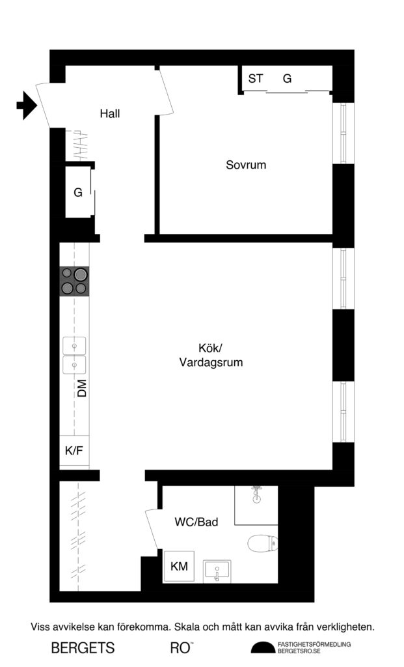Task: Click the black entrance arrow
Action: click(25, 106)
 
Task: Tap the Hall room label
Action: click(109, 113)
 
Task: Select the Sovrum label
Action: click(246, 165)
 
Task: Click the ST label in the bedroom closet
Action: click(256, 79)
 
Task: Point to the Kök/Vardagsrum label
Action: click(211, 355)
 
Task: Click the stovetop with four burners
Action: click(74, 281)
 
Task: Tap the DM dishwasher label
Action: click(81, 389)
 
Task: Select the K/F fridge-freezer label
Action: click(74, 450)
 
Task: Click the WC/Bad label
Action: click(196, 522)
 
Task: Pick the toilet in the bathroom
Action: click(263, 542)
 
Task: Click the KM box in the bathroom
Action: click(179, 567)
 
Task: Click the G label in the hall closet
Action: click(78, 193)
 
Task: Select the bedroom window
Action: click(343, 133)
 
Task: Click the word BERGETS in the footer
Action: click(83, 648)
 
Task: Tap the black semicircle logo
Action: click(262, 647)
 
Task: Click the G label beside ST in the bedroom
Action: click(287, 79)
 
